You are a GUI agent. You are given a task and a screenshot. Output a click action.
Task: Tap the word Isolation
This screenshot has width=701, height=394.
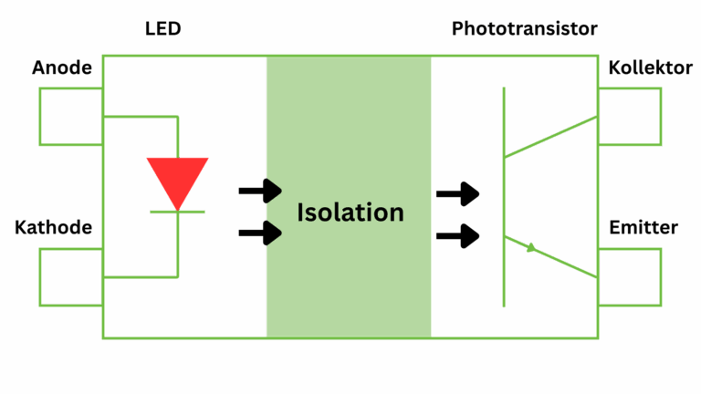[350, 213]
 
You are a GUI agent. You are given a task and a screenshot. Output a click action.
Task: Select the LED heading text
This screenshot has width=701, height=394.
[163, 29]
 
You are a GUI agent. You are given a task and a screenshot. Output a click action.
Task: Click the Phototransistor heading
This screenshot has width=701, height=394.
[525, 29]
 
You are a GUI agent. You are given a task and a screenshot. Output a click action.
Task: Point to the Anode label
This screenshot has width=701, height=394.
[62, 68]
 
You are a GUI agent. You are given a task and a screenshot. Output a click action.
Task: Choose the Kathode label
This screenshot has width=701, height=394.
[53, 227]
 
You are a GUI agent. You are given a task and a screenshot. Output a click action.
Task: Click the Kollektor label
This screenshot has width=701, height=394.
[650, 68]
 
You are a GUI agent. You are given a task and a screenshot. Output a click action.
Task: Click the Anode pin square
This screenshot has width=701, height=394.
[70, 116]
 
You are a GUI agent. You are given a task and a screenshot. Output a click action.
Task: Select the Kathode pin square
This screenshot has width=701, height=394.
[70, 276]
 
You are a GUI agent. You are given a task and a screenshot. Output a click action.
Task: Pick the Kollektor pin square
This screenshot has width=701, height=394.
[630, 116]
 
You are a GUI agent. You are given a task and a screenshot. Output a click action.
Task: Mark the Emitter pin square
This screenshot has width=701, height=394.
[630, 276]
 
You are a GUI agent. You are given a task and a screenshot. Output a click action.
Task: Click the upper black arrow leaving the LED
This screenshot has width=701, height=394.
[260, 191]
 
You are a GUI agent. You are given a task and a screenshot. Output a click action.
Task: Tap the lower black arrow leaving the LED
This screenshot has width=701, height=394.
[260, 233]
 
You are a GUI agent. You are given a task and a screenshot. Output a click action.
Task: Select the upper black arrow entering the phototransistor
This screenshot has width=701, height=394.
[458, 193]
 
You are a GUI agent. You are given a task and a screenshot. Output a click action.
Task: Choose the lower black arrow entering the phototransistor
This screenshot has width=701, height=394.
[458, 236]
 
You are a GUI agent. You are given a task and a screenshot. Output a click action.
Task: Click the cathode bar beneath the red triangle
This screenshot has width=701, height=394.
[178, 212]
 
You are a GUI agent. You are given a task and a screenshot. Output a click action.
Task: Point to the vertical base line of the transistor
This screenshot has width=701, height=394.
[503, 196]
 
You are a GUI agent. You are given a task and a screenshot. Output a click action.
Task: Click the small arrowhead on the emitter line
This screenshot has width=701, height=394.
[529, 247]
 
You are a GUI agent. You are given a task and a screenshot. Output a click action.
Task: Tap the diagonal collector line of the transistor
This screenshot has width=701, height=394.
[550, 136]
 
